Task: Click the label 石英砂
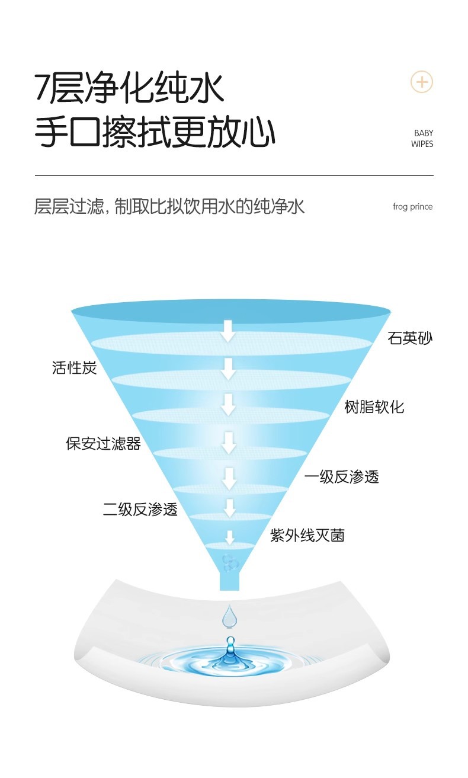pyautogui.click(x=410, y=339)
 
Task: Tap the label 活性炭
pyautogui.click(x=74, y=368)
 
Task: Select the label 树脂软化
pyautogui.click(x=374, y=407)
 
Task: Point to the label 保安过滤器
pyautogui.click(x=103, y=443)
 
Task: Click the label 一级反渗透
pyautogui.click(x=341, y=477)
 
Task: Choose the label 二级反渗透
pyautogui.click(x=140, y=510)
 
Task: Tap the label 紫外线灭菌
pyautogui.click(x=307, y=536)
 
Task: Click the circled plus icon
pyautogui.click(x=422, y=82)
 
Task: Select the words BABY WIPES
pyautogui.click(x=422, y=139)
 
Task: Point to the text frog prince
pyautogui.click(x=412, y=207)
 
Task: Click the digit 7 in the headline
pyautogui.click(x=42, y=88)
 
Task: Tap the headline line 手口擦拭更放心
pyautogui.click(x=155, y=133)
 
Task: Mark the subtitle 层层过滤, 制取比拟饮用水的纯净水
pyautogui.click(x=169, y=207)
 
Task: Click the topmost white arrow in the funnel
pyautogui.click(x=228, y=331)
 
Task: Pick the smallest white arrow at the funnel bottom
pyautogui.click(x=230, y=537)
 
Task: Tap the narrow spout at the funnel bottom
pyautogui.click(x=229, y=579)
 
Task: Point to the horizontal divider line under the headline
pyautogui.click(x=234, y=176)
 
